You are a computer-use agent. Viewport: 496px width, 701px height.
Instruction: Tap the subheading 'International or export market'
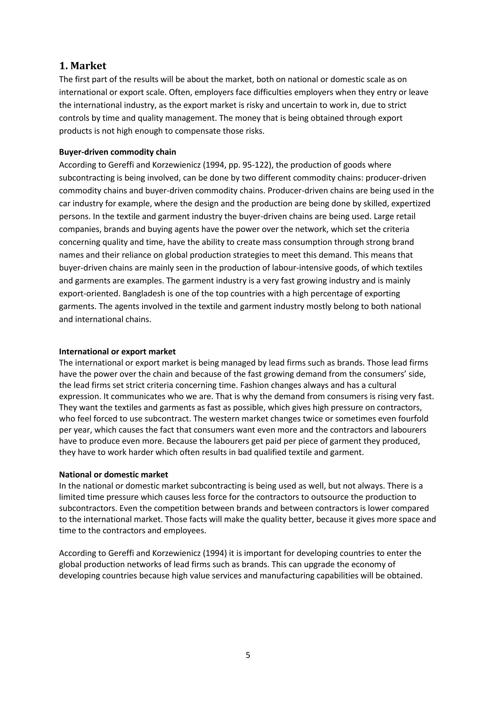pos(117,352)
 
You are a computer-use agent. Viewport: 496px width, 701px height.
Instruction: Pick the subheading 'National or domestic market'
pos(113,475)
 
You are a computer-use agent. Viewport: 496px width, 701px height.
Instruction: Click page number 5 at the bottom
pos(248,655)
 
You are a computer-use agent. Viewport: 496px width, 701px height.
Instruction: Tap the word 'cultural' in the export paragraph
pos(381,385)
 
